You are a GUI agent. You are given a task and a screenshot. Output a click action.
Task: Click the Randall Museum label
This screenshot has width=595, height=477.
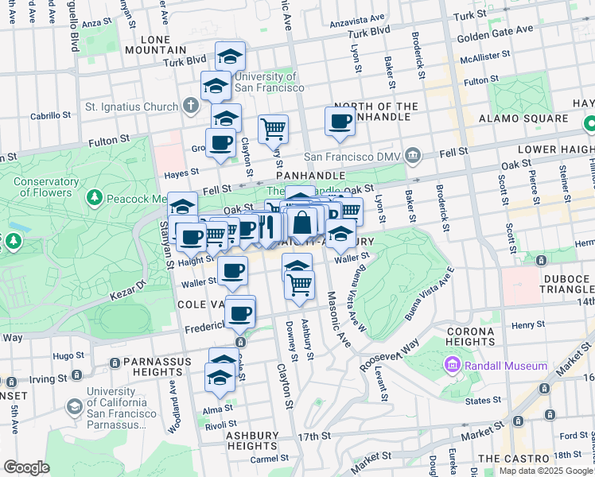coord(506,366)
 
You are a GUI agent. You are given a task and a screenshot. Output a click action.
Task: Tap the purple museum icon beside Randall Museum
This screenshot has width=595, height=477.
coord(453,366)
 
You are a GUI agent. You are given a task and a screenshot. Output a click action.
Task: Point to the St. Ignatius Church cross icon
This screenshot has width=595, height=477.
coord(190,106)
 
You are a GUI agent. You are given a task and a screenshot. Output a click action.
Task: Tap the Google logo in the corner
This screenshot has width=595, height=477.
coord(26,467)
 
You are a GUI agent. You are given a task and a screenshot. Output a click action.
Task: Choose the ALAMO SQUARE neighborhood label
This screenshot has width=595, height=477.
coord(523,118)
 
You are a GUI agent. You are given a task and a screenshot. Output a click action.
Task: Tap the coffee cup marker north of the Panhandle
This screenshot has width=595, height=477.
coord(340,122)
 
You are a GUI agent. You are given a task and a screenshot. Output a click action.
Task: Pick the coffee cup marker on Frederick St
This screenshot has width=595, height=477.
coord(239,312)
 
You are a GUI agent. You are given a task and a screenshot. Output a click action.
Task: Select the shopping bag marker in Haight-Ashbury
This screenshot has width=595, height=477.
coord(302,223)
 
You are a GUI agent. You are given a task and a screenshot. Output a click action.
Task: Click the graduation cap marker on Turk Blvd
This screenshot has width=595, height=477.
coord(230,56)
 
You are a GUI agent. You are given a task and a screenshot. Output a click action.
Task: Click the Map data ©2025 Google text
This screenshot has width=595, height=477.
coord(545,471)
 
